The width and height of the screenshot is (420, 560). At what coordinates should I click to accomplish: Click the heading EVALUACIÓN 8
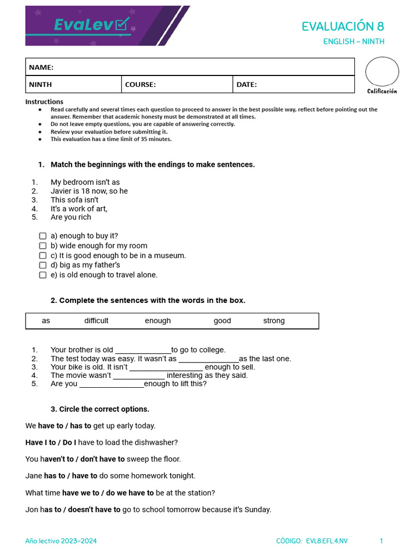click(343, 26)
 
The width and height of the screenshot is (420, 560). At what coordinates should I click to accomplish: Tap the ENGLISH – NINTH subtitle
click(353, 42)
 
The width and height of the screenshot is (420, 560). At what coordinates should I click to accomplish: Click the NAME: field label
click(41, 67)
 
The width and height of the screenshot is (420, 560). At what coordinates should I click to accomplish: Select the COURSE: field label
click(141, 85)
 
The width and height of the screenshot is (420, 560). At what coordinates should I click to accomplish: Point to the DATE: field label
click(247, 85)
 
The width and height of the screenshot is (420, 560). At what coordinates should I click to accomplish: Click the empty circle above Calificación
click(382, 72)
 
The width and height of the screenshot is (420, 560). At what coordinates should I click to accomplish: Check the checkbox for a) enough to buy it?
click(43, 236)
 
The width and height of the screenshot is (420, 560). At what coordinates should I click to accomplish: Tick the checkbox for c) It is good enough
click(43, 255)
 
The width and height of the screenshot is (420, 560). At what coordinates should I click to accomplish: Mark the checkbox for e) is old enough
click(43, 275)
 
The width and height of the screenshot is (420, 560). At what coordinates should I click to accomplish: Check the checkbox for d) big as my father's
click(43, 265)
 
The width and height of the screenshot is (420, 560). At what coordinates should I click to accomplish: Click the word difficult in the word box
click(96, 321)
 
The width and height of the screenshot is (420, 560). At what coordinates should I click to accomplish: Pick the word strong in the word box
click(273, 321)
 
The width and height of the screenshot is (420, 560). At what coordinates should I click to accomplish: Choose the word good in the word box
click(222, 321)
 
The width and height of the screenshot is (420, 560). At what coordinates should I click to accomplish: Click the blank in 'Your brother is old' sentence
click(143, 351)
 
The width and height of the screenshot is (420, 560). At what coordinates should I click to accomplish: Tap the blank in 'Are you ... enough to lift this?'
click(112, 384)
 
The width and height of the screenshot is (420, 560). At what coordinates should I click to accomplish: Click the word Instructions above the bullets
click(44, 102)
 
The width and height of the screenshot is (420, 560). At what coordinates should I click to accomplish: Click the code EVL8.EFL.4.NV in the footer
click(326, 541)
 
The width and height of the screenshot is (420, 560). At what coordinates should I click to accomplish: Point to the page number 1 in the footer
click(381, 541)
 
